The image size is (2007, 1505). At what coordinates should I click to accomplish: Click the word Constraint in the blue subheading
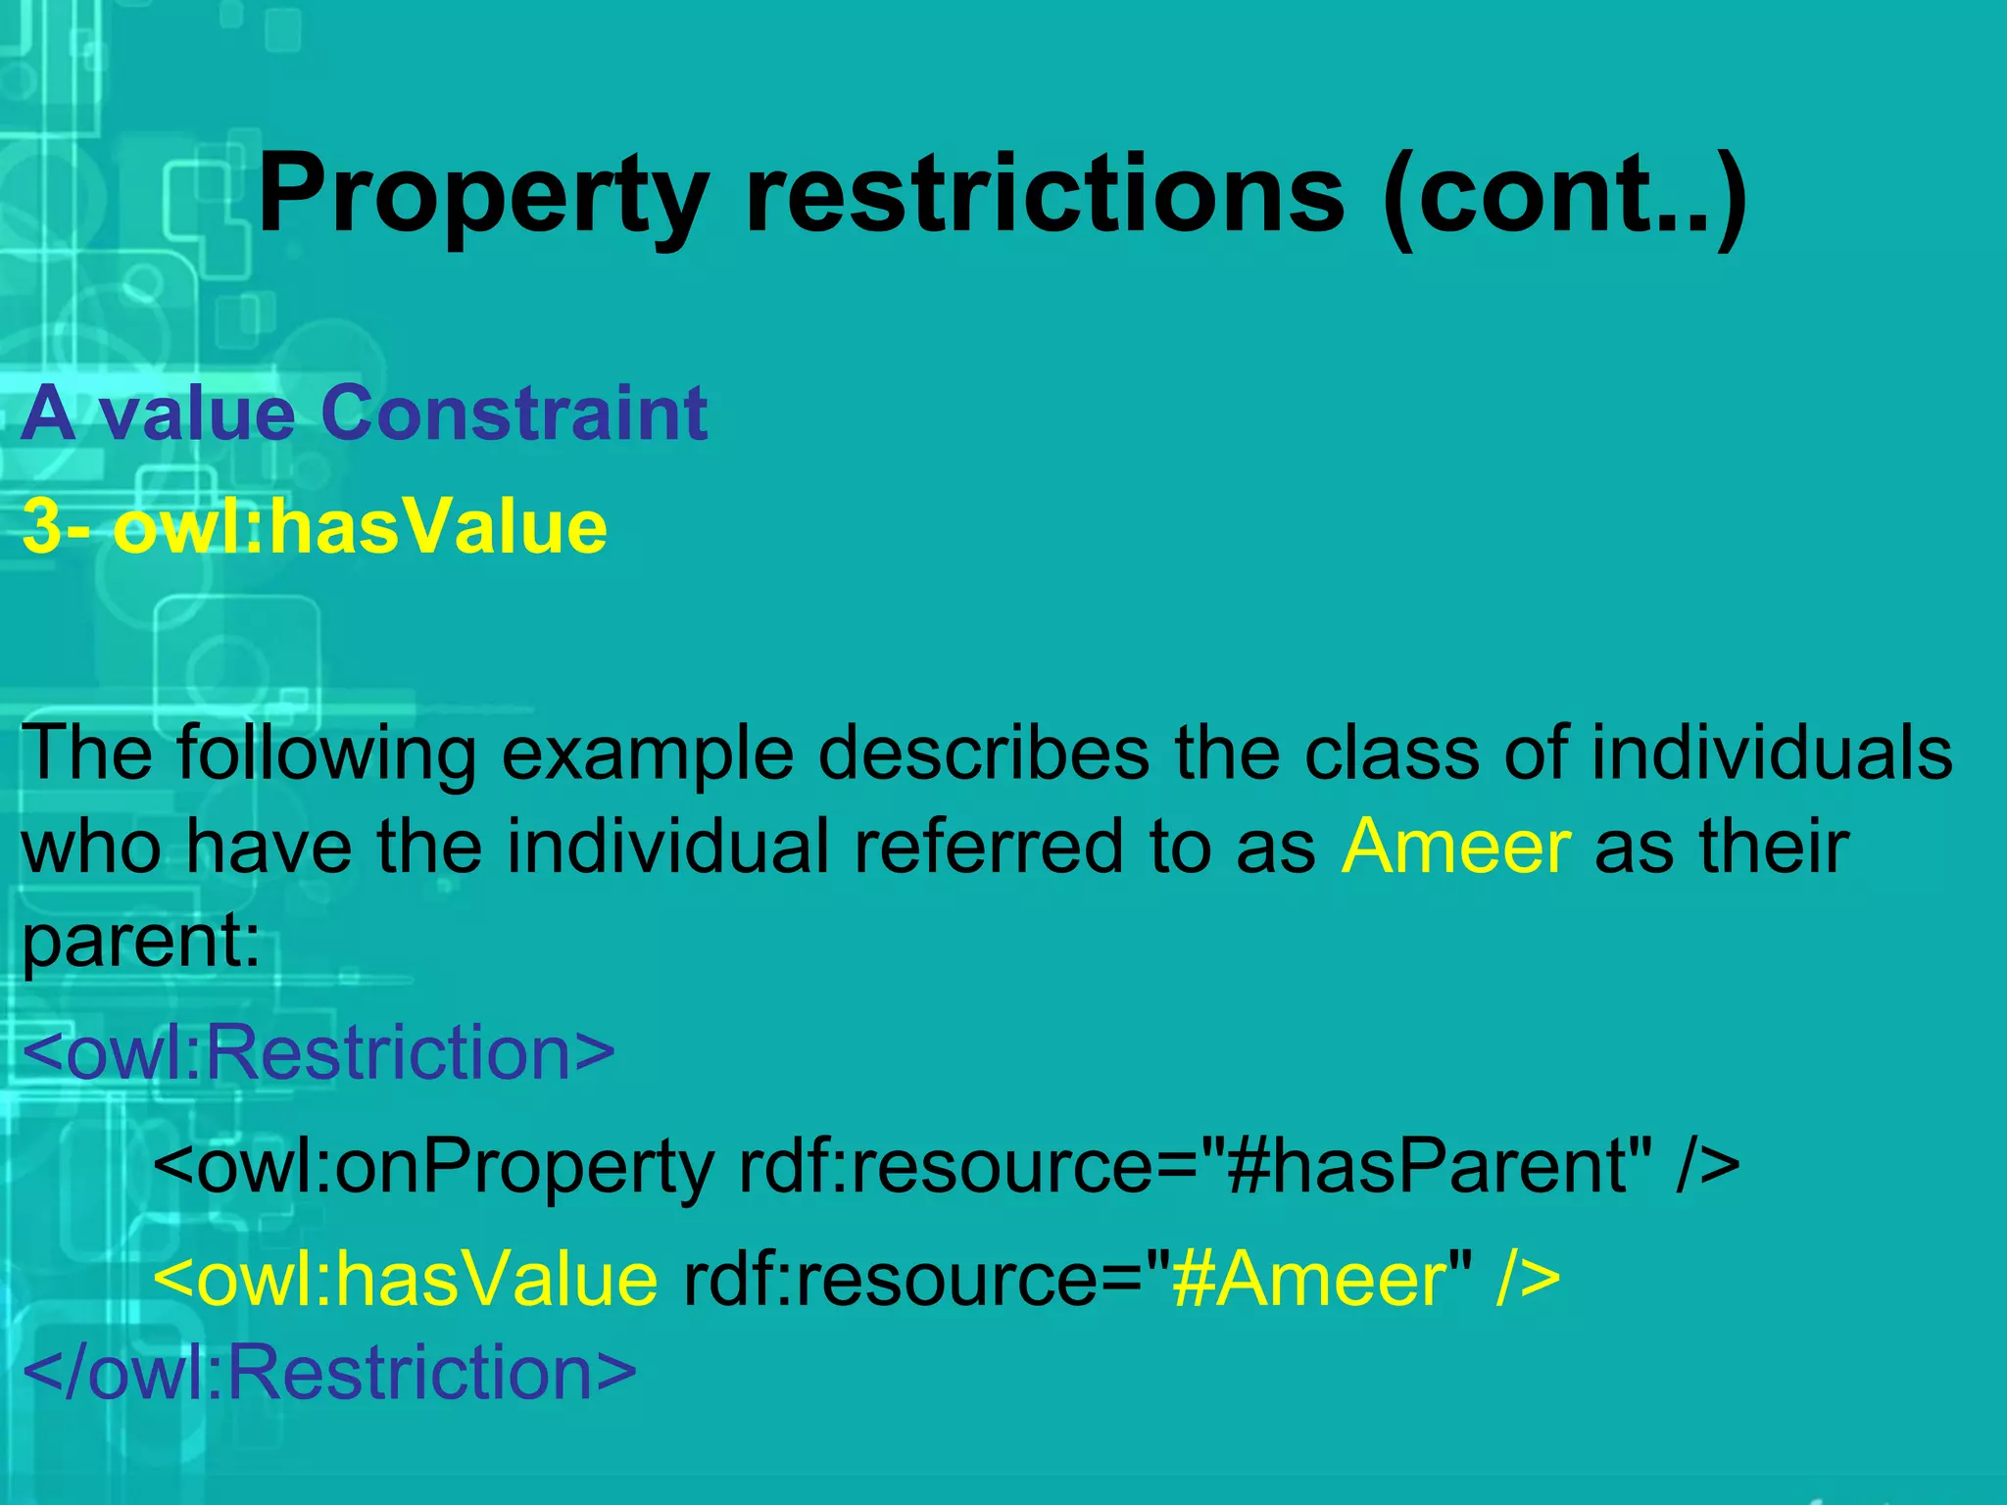(x=514, y=413)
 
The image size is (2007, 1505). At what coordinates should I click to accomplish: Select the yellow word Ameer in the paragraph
(x=1456, y=847)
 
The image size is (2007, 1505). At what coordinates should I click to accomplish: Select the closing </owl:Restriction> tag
(x=329, y=1372)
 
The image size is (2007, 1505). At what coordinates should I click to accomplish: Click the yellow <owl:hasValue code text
(x=406, y=1280)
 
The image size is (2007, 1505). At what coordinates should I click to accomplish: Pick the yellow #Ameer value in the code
(x=1309, y=1280)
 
